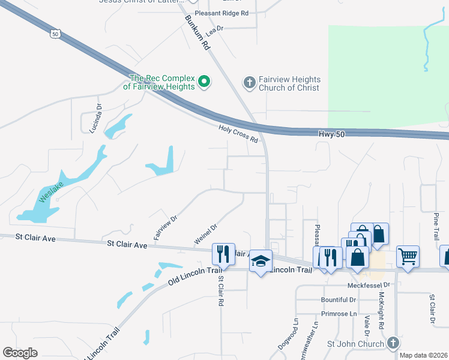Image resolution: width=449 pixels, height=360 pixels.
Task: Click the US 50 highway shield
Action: [x=55, y=35]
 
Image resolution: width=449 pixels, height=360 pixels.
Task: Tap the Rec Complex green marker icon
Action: [x=203, y=81]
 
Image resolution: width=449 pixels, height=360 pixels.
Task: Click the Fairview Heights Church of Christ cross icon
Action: [x=250, y=82]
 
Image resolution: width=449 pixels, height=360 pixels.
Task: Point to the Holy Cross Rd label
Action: [x=238, y=133]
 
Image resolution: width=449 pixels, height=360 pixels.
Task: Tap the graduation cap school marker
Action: [x=261, y=261]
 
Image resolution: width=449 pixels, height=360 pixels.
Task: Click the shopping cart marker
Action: [x=408, y=256]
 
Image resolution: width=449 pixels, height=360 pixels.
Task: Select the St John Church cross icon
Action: [x=393, y=343]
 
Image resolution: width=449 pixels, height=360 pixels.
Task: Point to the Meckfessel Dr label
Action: [x=369, y=285]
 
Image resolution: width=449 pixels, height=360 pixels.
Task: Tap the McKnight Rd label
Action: [x=381, y=310]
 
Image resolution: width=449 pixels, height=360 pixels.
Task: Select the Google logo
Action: [x=20, y=353]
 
